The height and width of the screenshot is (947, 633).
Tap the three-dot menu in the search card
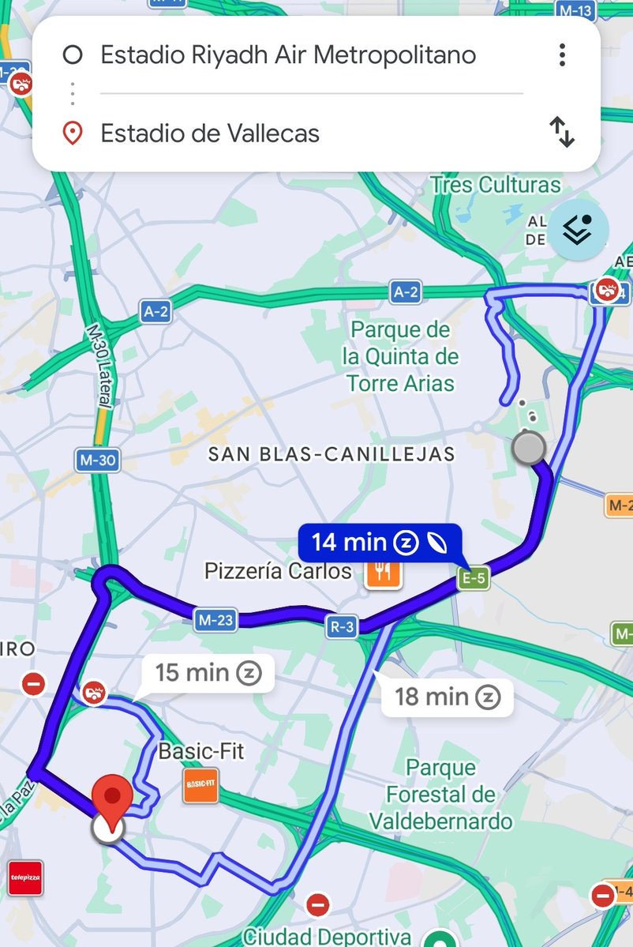[562, 54]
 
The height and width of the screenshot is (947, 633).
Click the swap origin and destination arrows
[562, 132]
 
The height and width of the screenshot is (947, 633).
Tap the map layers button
[579, 230]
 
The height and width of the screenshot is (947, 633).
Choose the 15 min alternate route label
[208, 673]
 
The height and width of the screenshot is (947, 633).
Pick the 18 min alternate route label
[447, 697]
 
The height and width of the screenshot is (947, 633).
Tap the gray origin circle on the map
[528, 448]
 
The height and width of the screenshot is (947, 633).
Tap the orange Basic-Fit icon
[200, 785]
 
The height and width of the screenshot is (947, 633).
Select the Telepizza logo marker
[25, 877]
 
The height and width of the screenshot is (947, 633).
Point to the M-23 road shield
[215, 621]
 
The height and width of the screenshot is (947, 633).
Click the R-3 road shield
[343, 628]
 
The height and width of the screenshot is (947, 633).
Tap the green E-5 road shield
[474, 579]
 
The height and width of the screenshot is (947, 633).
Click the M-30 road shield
[97, 460]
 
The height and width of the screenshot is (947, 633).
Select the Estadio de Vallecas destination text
[210, 133]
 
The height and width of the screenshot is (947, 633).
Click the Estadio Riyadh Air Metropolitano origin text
[288, 55]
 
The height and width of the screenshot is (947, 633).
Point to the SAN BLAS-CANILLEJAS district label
[331, 454]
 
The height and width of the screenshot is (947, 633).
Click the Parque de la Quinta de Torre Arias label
[400, 356]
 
